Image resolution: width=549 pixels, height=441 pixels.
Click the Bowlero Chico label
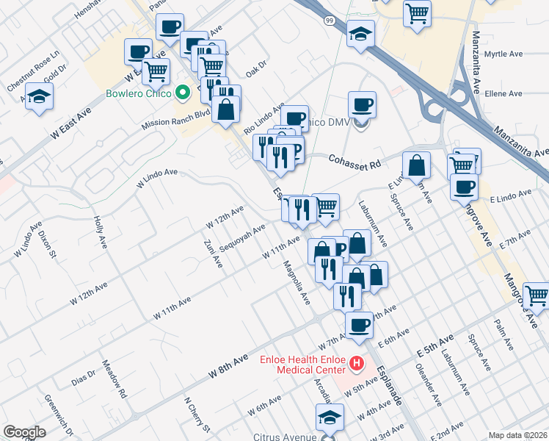click(x=139, y=93)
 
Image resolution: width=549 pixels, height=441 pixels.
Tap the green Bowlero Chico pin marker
click(x=183, y=93)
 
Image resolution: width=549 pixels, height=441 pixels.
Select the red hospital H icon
click(x=357, y=362)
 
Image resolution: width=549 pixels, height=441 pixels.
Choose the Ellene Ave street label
click(x=503, y=93)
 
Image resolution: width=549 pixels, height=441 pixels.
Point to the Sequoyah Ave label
click(x=241, y=237)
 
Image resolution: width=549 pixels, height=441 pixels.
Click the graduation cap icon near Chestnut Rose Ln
click(x=40, y=96)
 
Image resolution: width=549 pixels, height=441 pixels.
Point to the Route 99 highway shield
click(x=331, y=21)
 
